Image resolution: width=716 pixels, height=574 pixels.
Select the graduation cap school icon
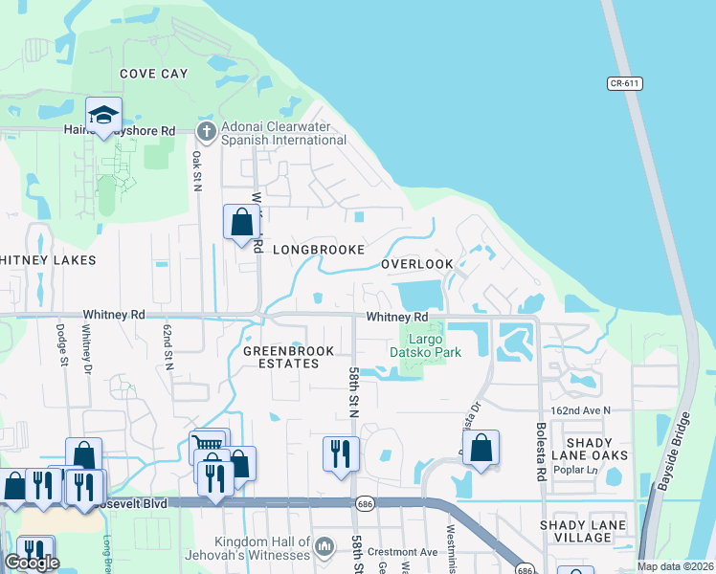103,116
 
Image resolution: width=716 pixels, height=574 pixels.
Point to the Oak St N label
197,171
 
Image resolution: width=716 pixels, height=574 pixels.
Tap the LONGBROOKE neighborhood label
318,250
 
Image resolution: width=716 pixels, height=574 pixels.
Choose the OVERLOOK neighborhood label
416,264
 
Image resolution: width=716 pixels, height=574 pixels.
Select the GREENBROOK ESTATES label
288,358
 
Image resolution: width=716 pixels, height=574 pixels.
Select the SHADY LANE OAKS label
610,449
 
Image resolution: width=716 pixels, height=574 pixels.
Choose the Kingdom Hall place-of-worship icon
324,544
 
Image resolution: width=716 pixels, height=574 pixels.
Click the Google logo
32,563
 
